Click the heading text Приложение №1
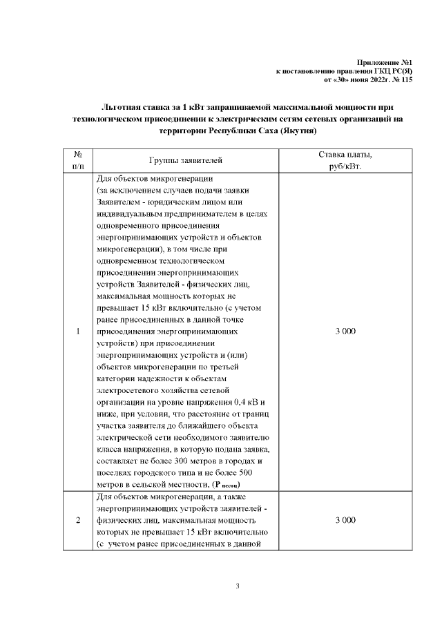(x=388, y=63)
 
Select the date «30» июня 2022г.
(x=360, y=79)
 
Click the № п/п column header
(x=78, y=160)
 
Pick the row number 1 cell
(x=78, y=332)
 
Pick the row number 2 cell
(x=78, y=519)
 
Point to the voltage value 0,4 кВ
(x=247, y=401)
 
